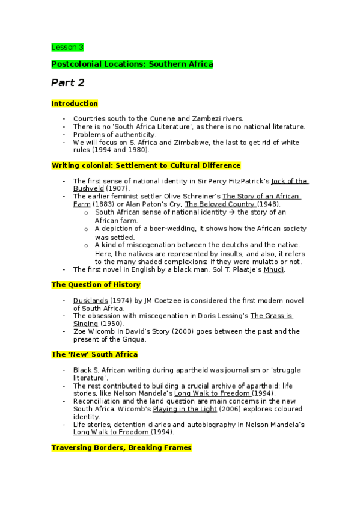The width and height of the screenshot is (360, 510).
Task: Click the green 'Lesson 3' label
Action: coord(67,47)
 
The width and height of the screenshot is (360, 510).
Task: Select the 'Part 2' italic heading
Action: coord(67,82)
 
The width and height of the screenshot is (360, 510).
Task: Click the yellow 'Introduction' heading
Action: coord(75,104)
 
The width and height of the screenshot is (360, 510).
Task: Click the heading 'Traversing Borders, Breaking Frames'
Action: coord(121,448)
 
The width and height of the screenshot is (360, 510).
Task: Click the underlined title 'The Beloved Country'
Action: coord(220,204)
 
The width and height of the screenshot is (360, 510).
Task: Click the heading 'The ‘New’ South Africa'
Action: coord(94,355)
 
